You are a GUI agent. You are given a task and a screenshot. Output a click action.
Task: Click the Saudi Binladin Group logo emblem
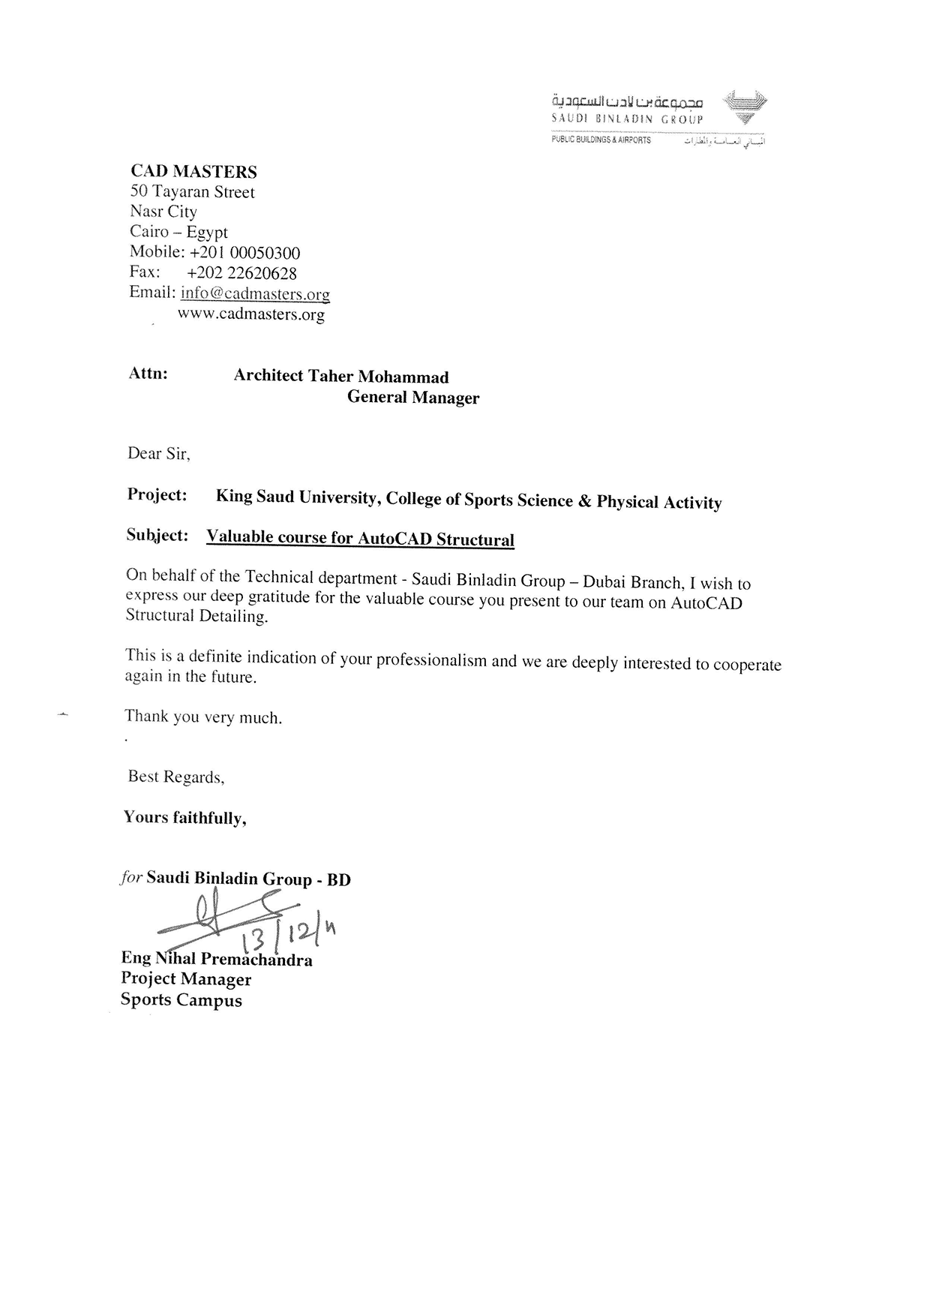[x=744, y=107]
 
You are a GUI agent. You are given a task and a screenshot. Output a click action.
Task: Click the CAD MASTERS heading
[x=193, y=172]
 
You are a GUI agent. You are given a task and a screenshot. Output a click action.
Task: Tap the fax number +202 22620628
[x=241, y=273]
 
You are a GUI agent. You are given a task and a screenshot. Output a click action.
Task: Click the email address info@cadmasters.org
[x=255, y=293]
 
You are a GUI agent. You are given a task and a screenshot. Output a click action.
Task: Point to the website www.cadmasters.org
[x=251, y=314]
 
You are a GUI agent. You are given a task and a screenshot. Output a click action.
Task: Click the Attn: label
[x=148, y=374]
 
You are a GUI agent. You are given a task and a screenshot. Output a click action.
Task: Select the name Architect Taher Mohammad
[x=341, y=376]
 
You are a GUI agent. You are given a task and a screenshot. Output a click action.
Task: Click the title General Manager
[x=412, y=398]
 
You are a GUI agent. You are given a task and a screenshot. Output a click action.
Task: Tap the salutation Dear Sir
[x=158, y=453]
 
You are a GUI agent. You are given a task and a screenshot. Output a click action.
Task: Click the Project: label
[x=157, y=495]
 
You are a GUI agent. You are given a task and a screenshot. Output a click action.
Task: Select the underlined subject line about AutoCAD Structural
[x=360, y=538]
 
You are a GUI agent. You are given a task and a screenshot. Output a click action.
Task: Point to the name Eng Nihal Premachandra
[x=217, y=959]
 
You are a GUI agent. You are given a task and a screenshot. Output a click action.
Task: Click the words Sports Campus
[x=181, y=1000]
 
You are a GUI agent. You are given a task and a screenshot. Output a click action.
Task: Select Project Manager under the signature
[x=186, y=979]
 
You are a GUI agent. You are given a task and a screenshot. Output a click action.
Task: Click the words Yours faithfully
[x=185, y=817]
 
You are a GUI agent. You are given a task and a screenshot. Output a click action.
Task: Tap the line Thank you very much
[x=203, y=717]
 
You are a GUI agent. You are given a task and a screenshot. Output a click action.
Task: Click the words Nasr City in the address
[x=163, y=212]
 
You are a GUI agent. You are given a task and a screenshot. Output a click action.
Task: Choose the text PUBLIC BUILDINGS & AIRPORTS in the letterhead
[x=601, y=140]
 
